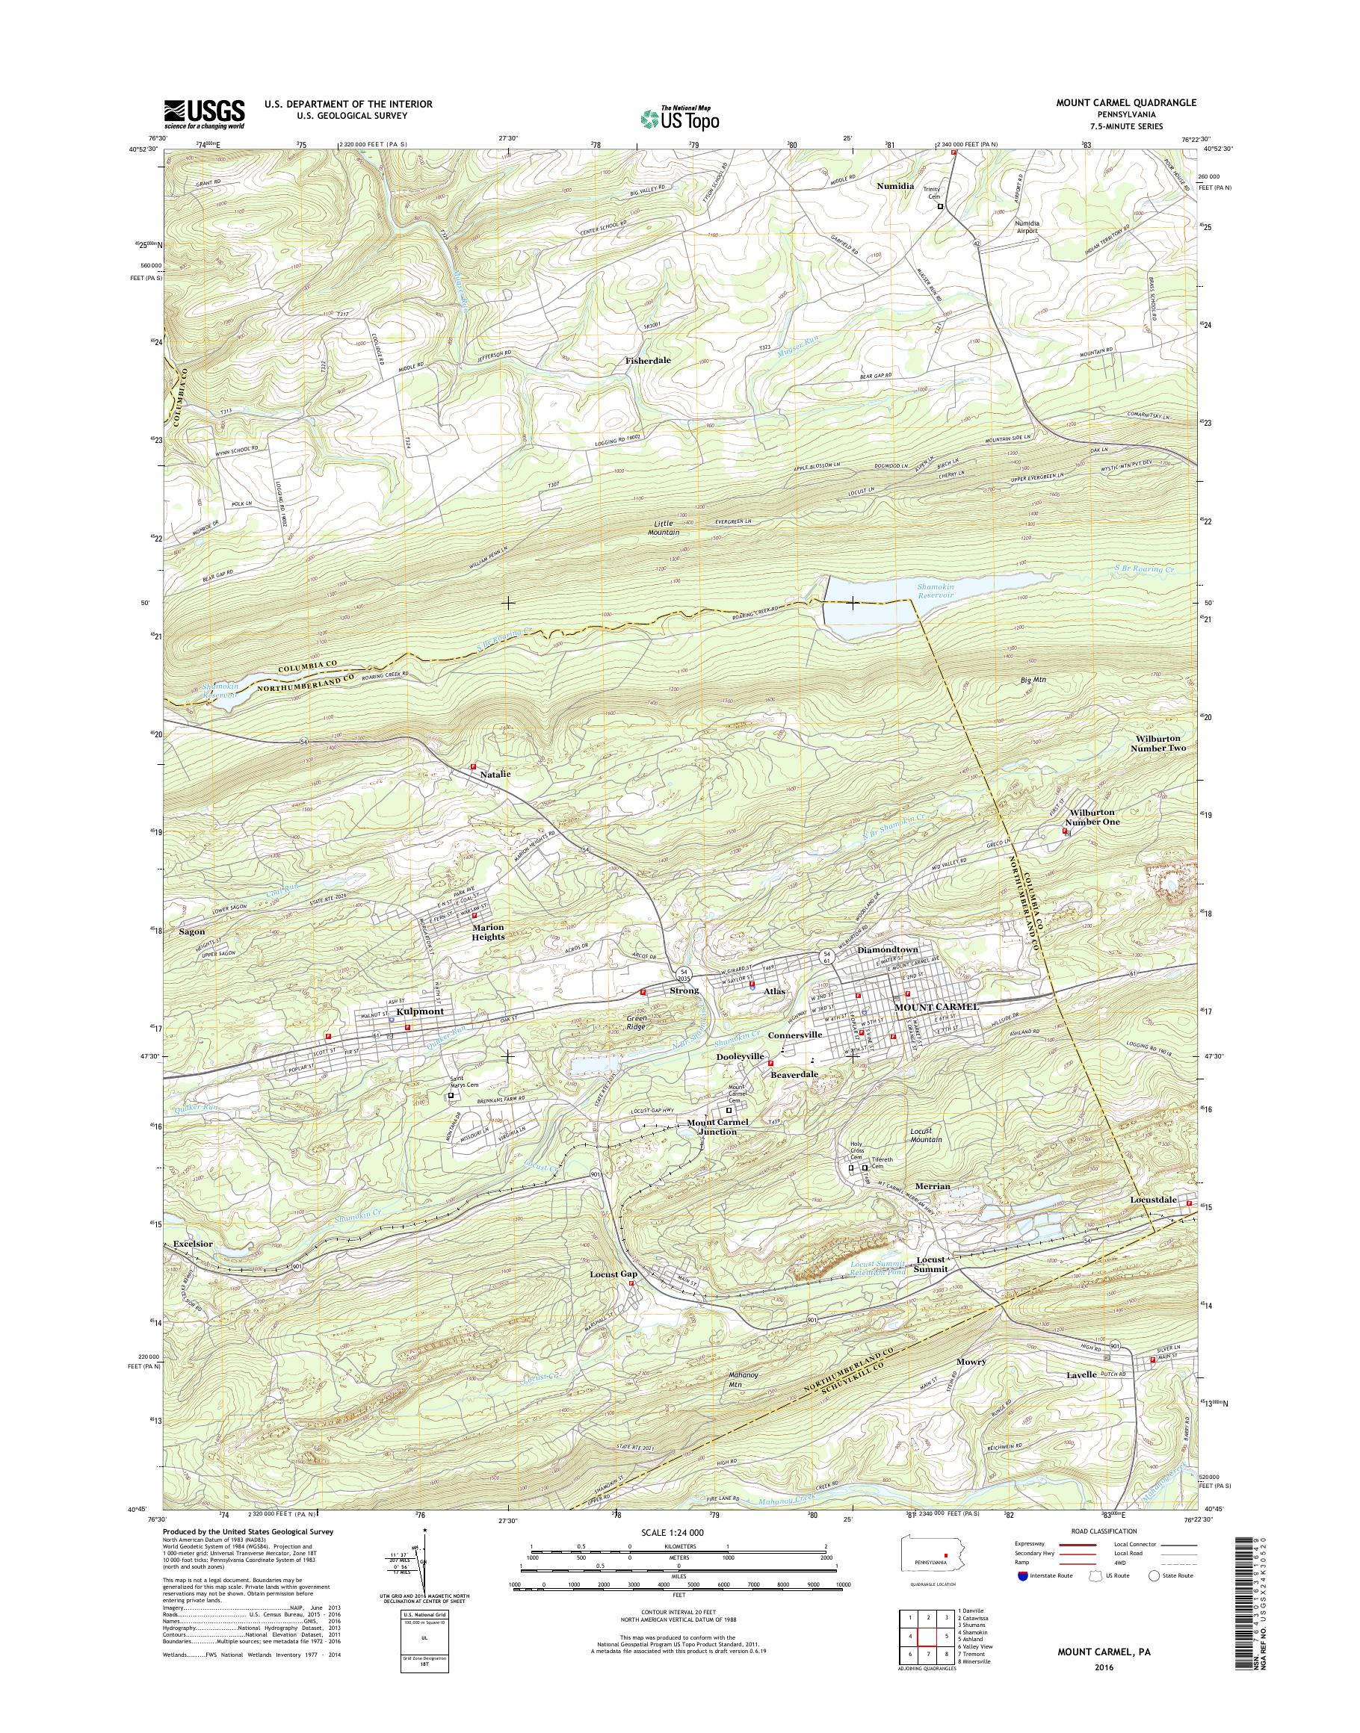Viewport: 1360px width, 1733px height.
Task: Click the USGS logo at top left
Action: point(204,114)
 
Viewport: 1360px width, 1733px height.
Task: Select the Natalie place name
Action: point(495,773)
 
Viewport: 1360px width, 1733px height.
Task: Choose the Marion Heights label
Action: point(488,932)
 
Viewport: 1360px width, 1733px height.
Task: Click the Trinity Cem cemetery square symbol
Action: point(939,206)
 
